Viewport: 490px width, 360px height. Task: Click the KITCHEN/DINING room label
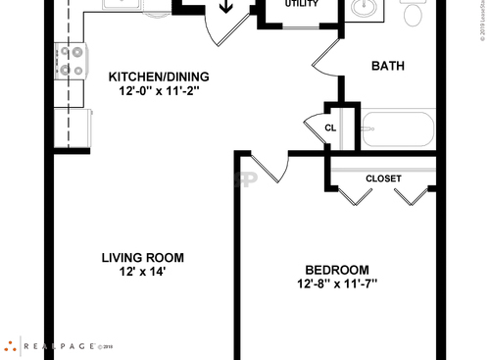tap(158, 77)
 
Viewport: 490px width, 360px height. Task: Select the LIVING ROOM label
tap(143, 258)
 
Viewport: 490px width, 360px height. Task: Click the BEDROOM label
tap(336, 271)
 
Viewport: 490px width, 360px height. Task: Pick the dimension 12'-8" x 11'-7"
tap(336, 284)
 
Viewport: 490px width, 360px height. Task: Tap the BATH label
tap(388, 67)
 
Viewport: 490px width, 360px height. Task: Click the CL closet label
tap(330, 128)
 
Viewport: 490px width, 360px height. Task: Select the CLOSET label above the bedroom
tap(383, 179)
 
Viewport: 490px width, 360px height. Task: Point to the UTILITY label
tap(302, 4)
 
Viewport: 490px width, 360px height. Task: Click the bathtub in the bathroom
tap(397, 130)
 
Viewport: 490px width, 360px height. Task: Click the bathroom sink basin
tap(363, 9)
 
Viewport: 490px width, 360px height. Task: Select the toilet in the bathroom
tap(414, 13)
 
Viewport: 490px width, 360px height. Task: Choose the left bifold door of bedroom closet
tap(355, 196)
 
